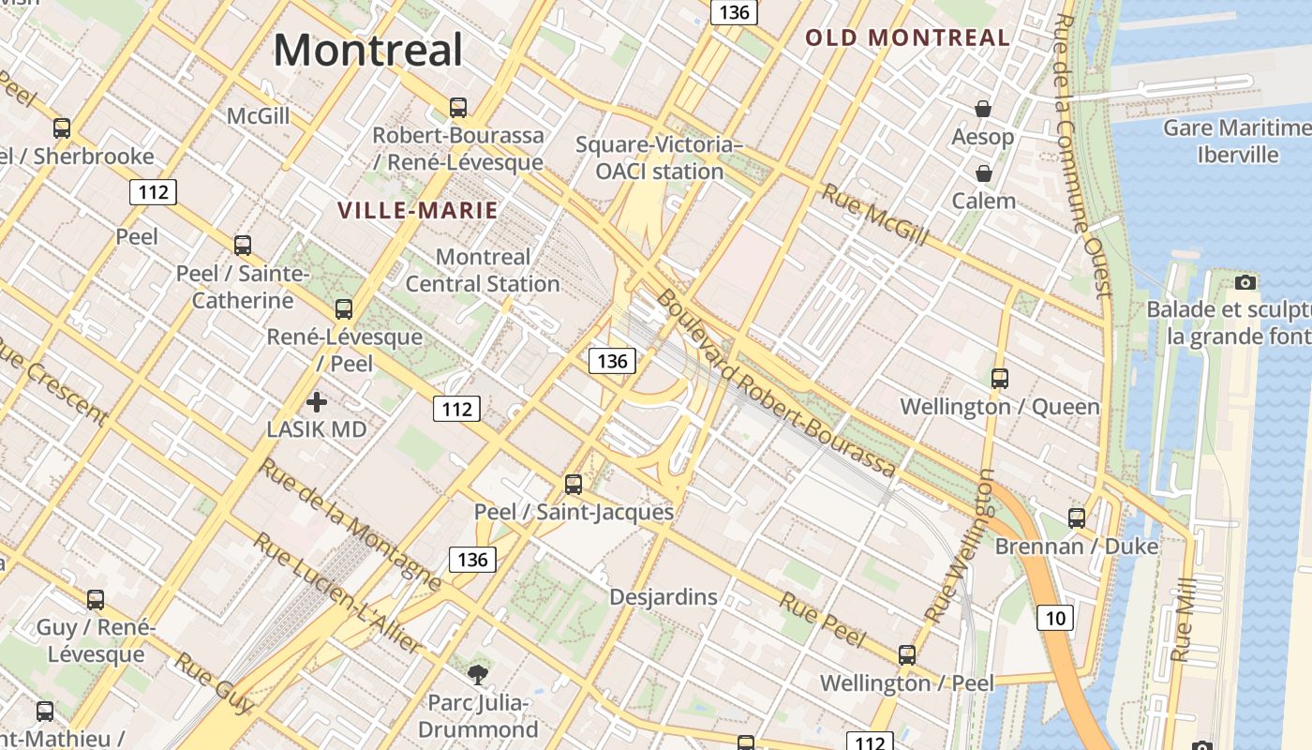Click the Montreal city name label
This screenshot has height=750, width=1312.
(x=368, y=50)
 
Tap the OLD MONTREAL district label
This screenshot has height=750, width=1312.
(x=907, y=38)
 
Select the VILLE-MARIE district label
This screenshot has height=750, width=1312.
(x=418, y=211)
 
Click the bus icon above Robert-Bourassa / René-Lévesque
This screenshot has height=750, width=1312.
(x=458, y=108)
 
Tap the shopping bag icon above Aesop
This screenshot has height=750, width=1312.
(x=983, y=110)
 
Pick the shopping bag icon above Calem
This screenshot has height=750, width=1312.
(x=984, y=173)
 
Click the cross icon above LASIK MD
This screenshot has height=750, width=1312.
(x=317, y=402)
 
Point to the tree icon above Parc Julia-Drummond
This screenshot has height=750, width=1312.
(x=478, y=674)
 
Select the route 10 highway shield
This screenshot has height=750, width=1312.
(x=1055, y=618)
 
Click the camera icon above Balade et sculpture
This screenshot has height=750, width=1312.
(x=1245, y=282)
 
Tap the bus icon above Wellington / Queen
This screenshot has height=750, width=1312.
(x=1000, y=379)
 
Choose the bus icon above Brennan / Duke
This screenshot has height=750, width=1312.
(x=1077, y=517)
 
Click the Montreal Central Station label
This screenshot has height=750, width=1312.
(x=483, y=270)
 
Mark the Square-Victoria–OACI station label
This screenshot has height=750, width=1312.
(x=659, y=157)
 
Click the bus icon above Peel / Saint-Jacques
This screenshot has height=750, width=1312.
(x=574, y=485)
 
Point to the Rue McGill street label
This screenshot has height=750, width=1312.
(x=875, y=215)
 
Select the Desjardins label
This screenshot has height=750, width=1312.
(x=663, y=596)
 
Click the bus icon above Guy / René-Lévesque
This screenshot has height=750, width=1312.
(x=96, y=600)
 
